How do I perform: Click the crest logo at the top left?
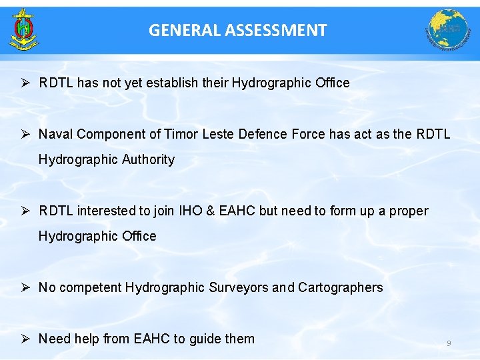pos(25,29)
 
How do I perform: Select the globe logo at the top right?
pos(448,30)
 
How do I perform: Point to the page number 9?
pos(449,343)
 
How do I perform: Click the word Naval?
pos(56,134)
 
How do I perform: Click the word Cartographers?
pos(341,287)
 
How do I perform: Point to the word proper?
pos(408,211)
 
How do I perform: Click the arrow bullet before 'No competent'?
pos(24,287)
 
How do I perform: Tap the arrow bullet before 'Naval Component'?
pos(24,134)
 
